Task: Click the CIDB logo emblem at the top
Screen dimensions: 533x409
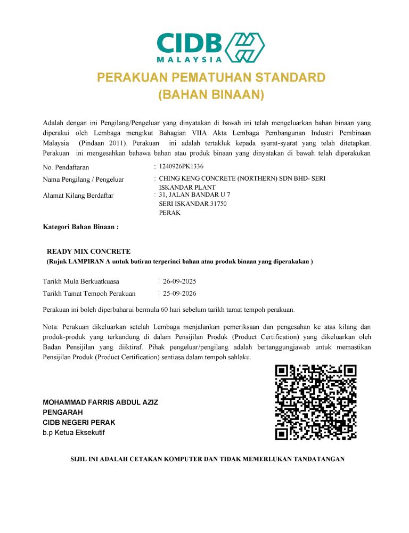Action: (246, 47)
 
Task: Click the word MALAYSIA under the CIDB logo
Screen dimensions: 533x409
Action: (190, 59)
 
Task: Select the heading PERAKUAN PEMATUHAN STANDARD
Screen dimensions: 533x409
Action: (211, 78)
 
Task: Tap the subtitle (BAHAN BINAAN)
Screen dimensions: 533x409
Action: (211, 95)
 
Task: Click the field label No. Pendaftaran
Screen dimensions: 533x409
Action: (66, 168)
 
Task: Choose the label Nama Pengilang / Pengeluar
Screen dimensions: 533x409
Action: (83, 180)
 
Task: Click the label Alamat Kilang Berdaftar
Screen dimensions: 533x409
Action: (78, 196)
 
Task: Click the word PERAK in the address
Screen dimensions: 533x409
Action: (170, 213)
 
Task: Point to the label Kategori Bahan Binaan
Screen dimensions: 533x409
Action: (80, 227)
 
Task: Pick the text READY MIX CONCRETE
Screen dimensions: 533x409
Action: (88, 251)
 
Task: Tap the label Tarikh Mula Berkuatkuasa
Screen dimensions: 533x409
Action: (81, 281)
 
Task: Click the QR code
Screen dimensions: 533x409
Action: (315, 402)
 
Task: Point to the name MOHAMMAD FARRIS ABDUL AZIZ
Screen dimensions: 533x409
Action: (100, 402)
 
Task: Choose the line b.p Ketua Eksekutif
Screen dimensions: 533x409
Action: (73, 432)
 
